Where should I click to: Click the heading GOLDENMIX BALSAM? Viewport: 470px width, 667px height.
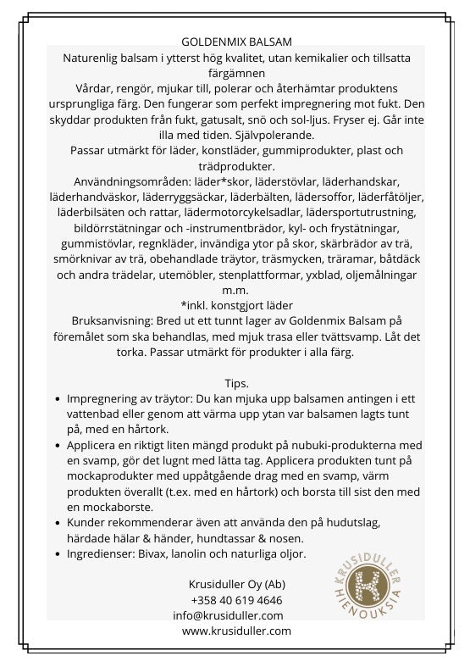[x=236, y=42]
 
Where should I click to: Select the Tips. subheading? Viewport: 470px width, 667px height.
[x=236, y=383]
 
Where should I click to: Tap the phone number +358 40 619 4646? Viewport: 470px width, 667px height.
[x=236, y=600]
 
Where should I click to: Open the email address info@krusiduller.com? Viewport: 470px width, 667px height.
[x=228, y=615]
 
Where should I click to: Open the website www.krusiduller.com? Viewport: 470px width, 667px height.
[x=236, y=631]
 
